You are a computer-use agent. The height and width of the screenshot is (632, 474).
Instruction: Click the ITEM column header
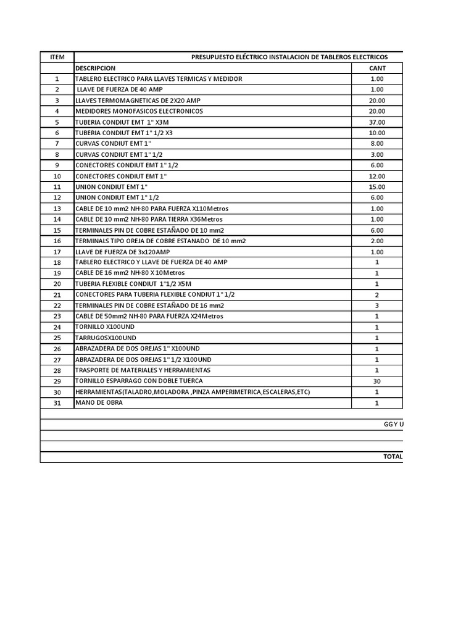57,57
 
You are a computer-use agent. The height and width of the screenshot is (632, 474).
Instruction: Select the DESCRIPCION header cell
95,68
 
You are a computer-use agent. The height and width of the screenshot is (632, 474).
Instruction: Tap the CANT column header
376,68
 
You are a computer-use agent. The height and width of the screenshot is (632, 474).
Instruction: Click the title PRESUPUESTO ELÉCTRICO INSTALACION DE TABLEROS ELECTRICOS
289,57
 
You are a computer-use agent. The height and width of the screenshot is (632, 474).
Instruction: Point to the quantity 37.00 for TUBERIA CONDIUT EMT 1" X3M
376,122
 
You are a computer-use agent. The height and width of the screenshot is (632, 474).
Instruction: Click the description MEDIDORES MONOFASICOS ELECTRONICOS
139,111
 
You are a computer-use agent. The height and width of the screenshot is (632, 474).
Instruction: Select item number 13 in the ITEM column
57,209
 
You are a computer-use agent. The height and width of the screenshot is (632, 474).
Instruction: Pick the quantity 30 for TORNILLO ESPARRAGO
376,381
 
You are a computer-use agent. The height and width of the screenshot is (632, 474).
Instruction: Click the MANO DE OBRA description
99,402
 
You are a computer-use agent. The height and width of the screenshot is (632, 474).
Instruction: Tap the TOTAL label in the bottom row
393,457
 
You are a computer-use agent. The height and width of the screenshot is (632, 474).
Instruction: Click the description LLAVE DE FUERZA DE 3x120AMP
122,251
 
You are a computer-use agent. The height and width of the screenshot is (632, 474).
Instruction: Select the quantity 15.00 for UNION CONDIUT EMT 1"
376,187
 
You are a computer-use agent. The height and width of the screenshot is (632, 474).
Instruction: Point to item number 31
57,403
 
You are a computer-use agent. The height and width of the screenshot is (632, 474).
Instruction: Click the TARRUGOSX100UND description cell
106,338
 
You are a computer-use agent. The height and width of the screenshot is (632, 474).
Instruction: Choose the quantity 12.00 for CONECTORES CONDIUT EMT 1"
376,176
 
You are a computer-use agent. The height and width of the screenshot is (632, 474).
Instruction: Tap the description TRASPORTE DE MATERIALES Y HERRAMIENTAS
143,370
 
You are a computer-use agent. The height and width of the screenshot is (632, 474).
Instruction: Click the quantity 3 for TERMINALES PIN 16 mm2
376,306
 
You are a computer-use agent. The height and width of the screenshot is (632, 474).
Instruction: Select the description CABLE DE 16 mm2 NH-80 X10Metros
130,273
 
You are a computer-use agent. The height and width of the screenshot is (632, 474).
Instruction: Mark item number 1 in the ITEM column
57,79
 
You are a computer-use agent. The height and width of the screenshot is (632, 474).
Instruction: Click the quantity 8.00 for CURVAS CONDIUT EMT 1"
376,144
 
